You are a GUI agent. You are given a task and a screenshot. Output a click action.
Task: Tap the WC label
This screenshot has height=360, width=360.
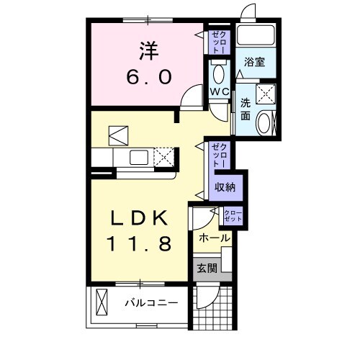pos(220,91)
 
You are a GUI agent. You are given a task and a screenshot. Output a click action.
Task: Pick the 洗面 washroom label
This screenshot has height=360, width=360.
pos(244,109)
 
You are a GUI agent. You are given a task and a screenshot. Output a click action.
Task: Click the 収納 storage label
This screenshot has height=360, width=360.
pos(225,186)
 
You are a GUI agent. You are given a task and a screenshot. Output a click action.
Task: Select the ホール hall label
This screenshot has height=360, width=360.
pos(213,238)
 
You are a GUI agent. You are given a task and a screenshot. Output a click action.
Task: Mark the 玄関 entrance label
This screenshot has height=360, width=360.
pos(207,269)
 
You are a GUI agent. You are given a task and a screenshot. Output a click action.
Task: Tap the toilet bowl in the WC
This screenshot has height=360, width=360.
pos(219,71)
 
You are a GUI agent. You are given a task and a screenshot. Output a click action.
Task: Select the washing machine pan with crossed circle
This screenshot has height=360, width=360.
pos(265,94)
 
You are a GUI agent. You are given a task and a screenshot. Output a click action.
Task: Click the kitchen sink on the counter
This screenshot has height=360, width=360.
pos(139,156)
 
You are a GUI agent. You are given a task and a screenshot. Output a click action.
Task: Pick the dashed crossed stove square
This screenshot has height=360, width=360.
pos(165,156)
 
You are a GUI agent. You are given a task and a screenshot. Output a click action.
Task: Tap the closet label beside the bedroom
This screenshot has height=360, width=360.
pos(217,41)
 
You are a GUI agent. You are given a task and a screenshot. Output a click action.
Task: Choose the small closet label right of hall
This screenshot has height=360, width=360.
pos(233,214)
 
